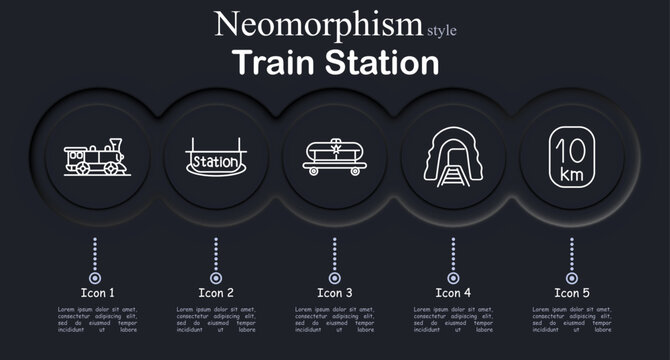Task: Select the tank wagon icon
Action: tap(333, 158)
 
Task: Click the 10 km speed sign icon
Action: tap(571, 158)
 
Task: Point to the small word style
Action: tap(442, 30)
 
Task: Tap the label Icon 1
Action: tap(97, 293)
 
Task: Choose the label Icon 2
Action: tap(216, 293)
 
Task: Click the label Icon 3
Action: tap(335, 293)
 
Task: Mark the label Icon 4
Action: tap(453, 293)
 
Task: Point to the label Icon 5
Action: tap(572, 293)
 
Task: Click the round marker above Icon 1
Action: tap(95, 277)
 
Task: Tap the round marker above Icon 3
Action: tap(334, 277)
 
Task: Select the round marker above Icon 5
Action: tap(572, 277)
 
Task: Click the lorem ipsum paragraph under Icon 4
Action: tap(452, 320)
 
